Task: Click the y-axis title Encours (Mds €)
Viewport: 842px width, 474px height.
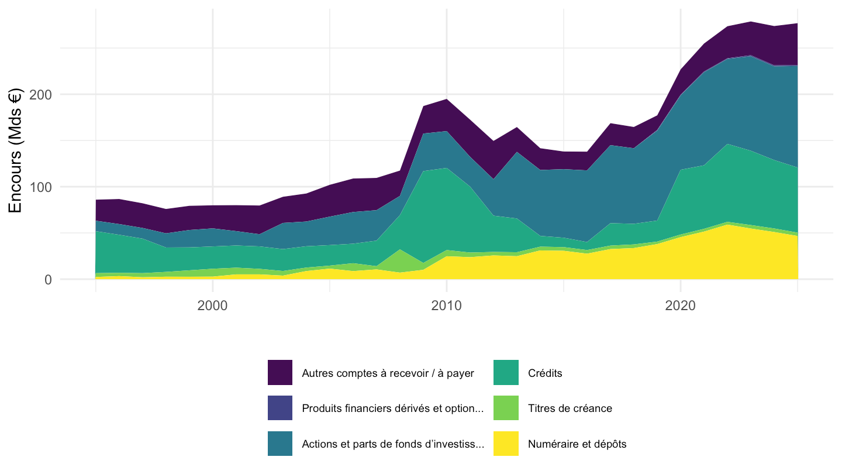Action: (15, 150)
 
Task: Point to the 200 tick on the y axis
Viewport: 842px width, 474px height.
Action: (40, 94)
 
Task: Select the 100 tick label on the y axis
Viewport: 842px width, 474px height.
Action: (40, 187)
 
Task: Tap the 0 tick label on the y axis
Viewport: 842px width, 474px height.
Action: (48, 280)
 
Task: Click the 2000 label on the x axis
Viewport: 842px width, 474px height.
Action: (212, 305)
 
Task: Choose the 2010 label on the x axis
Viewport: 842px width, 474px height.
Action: (446, 305)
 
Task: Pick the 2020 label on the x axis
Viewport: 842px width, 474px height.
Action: (681, 305)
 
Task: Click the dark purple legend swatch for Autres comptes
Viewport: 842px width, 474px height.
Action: (280, 372)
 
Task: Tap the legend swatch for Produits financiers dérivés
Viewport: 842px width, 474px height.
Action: (280, 408)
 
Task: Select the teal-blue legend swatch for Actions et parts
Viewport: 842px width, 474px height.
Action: (280, 444)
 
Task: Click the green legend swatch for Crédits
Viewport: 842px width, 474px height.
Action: (506, 372)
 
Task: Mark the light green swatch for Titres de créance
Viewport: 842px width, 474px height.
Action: (506, 408)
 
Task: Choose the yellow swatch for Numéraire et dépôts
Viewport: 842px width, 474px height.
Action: (506, 444)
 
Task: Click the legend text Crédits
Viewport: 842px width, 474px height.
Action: (545, 373)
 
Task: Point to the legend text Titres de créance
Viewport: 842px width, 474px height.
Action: (570, 408)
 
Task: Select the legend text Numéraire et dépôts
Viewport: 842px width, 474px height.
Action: (577, 444)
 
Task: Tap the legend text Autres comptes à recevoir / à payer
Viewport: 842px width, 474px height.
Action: (388, 373)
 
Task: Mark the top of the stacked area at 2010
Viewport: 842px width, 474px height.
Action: (446, 99)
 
